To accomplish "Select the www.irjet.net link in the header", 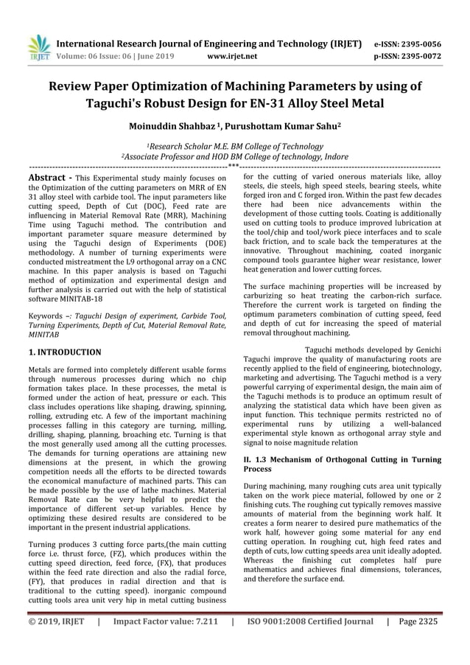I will [x=233, y=55].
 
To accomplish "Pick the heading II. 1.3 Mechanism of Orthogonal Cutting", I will [x=342, y=464].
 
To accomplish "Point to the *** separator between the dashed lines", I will [x=234, y=167].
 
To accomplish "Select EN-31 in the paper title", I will [x=285, y=103].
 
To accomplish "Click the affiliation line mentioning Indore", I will [x=233, y=157].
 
